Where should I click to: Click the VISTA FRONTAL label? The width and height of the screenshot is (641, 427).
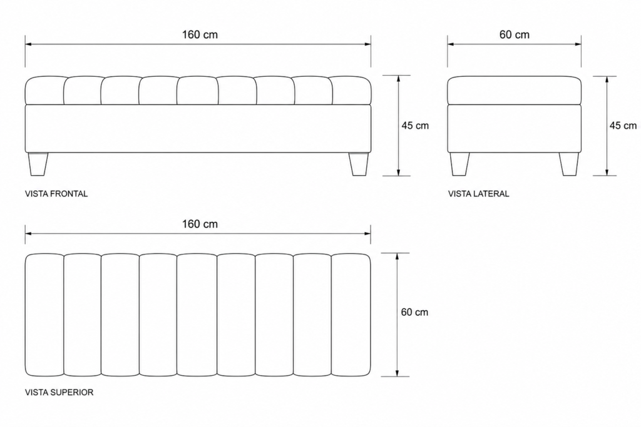56,194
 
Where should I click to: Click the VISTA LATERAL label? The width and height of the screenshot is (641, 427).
479,194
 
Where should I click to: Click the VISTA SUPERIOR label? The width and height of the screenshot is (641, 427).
59,392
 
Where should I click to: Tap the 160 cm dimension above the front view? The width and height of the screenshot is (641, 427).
200,35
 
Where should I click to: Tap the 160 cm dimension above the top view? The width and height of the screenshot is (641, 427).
200,224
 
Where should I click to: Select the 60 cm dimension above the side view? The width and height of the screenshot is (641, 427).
515,35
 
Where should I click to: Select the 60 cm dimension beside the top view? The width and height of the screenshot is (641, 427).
414,313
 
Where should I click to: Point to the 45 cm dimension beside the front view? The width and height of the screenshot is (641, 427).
415,126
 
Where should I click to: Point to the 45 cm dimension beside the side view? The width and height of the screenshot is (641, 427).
623,126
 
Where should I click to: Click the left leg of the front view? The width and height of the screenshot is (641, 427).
38,164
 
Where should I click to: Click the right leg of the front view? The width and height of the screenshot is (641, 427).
359,164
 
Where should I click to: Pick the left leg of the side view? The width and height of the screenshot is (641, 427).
459,164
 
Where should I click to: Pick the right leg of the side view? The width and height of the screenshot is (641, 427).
568,164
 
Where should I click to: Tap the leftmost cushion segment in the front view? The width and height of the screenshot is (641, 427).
44,90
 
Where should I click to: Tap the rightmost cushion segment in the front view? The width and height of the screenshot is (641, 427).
351,90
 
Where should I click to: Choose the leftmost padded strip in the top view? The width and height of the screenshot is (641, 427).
44,314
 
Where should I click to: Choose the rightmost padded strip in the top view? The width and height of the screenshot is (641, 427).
351,314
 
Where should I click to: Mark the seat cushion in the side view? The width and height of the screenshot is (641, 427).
515,90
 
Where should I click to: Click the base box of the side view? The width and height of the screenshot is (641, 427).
515,129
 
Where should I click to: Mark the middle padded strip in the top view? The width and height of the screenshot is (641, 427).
197,314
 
